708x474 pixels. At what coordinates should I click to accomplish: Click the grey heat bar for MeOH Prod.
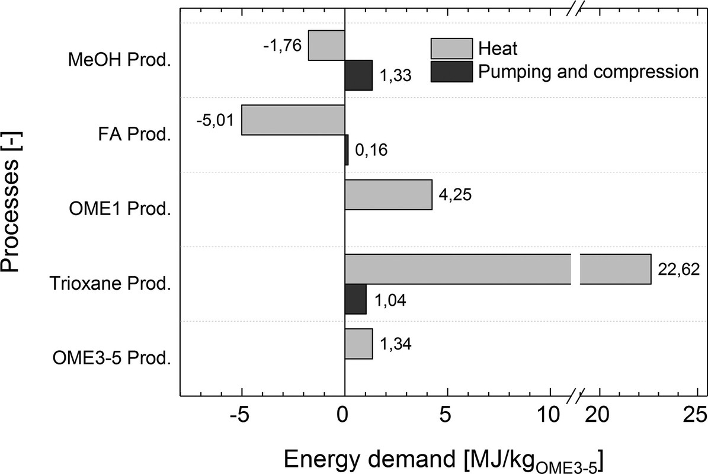(326, 45)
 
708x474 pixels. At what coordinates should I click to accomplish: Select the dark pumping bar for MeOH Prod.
(358, 75)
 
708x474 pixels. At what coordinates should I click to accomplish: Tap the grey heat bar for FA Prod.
(293, 120)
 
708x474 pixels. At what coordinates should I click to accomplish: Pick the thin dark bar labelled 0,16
(347, 150)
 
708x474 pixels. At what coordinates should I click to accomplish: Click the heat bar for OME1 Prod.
(388, 194)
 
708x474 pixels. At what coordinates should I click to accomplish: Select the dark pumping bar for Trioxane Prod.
(355, 299)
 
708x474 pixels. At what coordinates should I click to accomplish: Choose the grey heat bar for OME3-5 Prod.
(358, 344)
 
